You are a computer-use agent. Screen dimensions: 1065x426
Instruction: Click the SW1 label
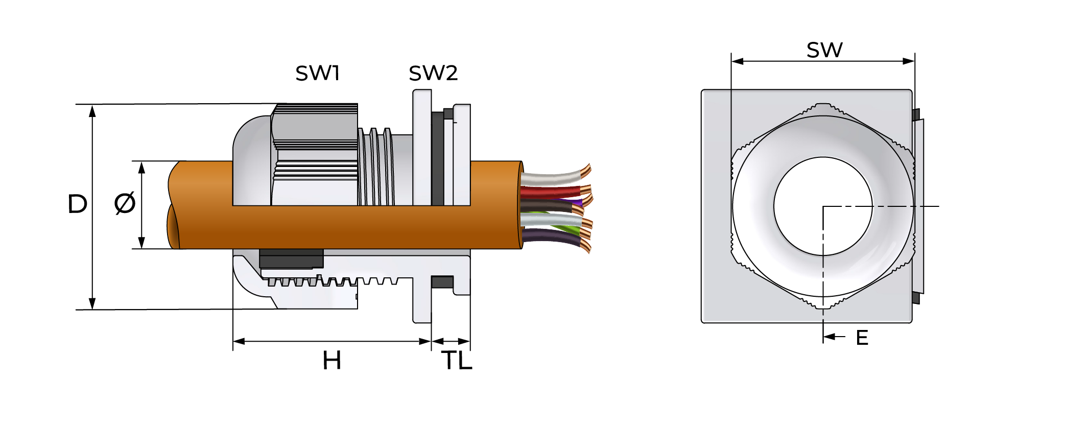[317, 74]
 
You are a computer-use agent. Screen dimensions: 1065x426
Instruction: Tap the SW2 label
[433, 74]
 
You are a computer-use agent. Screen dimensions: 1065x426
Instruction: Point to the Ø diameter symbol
[125, 203]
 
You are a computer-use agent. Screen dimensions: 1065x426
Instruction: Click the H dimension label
[332, 361]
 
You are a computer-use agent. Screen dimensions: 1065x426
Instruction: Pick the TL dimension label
[457, 361]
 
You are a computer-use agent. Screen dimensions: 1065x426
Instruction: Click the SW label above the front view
[824, 50]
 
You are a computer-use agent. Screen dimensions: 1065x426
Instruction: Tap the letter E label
[862, 338]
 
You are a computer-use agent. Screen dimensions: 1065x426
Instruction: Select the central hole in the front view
[822, 206]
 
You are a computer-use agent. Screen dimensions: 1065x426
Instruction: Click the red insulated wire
[549, 192]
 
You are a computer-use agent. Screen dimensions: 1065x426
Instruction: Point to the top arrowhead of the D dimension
[92, 110]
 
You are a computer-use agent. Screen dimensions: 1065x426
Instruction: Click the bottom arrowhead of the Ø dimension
[142, 243]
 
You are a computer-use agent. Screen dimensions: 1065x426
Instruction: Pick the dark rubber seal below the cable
[291, 258]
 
